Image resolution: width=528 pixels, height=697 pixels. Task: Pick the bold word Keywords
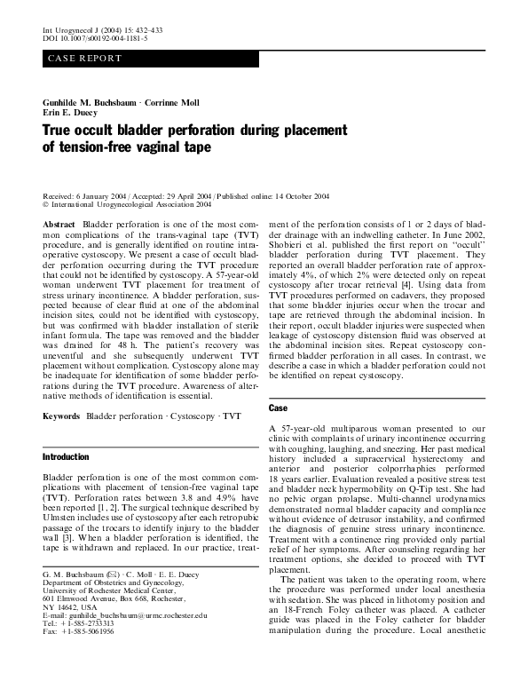pyautogui.click(x=62, y=416)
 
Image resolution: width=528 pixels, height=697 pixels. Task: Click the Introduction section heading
pyautogui.click(x=67, y=456)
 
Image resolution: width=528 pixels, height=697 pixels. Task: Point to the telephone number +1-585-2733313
pyautogui.click(x=84, y=647)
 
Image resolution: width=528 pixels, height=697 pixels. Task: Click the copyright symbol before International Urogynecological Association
pyautogui.click(x=45, y=203)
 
